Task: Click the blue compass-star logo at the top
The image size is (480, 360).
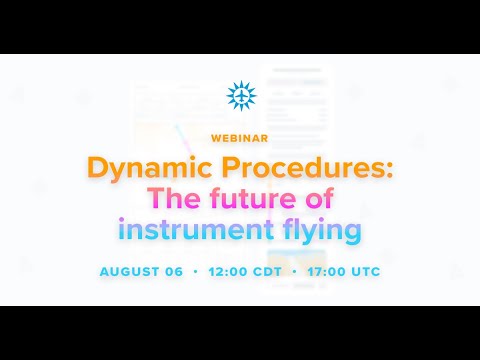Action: click(x=240, y=96)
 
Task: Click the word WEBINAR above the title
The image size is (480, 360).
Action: click(x=240, y=136)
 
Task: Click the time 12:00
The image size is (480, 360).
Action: click(x=227, y=271)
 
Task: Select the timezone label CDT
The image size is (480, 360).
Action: click(x=266, y=271)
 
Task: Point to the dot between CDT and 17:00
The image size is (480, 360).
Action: click(x=292, y=271)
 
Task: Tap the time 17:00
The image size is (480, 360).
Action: click(x=322, y=271)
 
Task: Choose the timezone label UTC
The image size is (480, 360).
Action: click(x=362, y=271)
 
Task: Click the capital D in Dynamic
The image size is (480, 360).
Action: click(x=97, y=166)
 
